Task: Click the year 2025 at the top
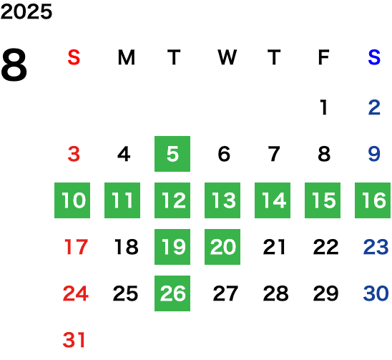[x=26, y=11]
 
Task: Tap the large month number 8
[x=14, y=65]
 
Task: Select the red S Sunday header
[x=74, y=57]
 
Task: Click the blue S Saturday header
[x=374, y=57]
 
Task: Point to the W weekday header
[x=227, y=57]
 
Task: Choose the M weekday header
[x=126, y=57]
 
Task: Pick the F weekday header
[x=323, y=57]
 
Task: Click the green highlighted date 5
[x=172, y=154]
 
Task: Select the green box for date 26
[x=172, y=293]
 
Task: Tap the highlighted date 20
[x=222, y=247]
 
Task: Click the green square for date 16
[x=373, y=200]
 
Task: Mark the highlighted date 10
[x=72, y=200]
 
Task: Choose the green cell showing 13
[x=222, y=200]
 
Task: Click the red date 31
[x=74, y=340]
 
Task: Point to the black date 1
[x=324, y=107]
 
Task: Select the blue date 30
[x=376, y=293]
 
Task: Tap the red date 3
[x=74, y=154]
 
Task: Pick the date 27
[x=225, y=293]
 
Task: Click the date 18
[x=126, y=247]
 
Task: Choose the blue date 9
[x=374, y=154]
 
